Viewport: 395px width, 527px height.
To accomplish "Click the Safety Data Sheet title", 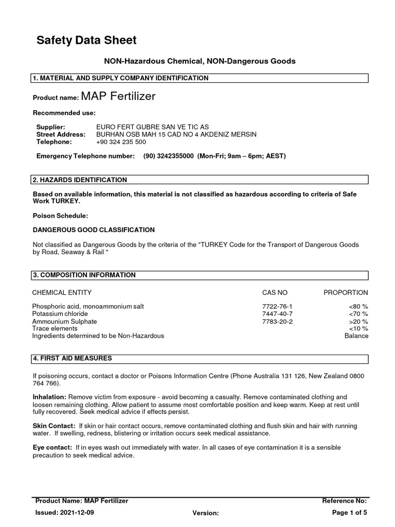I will click(86, 40).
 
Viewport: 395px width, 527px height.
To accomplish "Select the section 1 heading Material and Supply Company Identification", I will click(120, 78).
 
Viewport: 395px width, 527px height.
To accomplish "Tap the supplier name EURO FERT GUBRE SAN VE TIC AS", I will click(153, 127).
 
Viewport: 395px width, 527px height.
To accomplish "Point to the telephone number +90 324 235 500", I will click(121, 142).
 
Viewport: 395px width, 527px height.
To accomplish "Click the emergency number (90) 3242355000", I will click(169, 156).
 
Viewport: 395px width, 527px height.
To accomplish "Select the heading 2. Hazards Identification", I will click(80, 180).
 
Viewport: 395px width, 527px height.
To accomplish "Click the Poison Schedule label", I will click(61, 216).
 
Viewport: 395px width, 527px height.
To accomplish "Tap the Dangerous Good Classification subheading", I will click(94, 230).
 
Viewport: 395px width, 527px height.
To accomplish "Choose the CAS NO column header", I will click(275, 292).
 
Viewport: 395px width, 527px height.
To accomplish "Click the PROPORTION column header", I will click(346, 292).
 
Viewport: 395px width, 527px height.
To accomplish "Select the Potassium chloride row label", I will click(60, 314).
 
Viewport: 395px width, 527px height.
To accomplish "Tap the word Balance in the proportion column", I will click(356, 336).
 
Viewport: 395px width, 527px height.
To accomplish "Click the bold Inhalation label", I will click(49, 397).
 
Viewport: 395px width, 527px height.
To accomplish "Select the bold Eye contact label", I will click(52, 448).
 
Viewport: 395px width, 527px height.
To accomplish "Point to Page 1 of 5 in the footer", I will click(350, 513).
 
